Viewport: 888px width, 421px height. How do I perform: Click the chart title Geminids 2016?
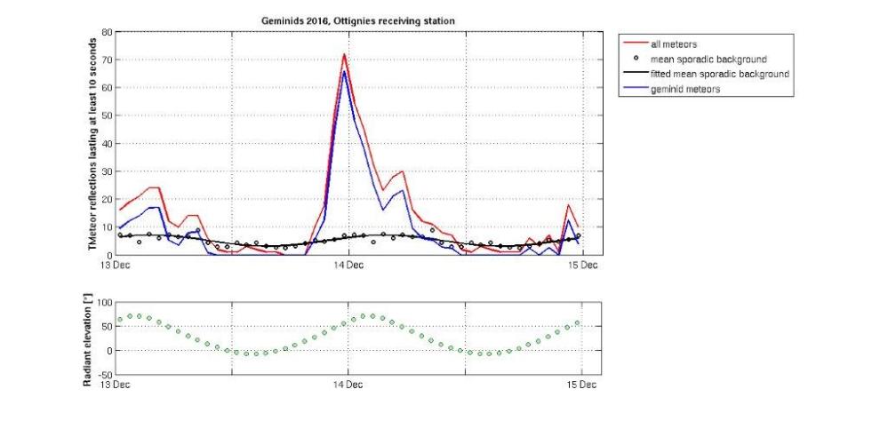tap(350, 20)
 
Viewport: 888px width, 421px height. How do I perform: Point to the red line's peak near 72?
tap(344, 54)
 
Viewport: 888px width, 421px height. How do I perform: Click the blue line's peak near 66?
tap(344, 71)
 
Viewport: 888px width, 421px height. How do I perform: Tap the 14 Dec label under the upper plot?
tap(348, 265)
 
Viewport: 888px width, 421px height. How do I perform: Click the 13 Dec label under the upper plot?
tap(119, 265)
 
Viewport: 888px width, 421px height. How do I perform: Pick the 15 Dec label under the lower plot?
tap(582, 385)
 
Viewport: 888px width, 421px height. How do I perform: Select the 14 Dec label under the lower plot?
tap(348, 385)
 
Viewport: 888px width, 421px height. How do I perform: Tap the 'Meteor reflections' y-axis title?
tap(91, 144)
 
